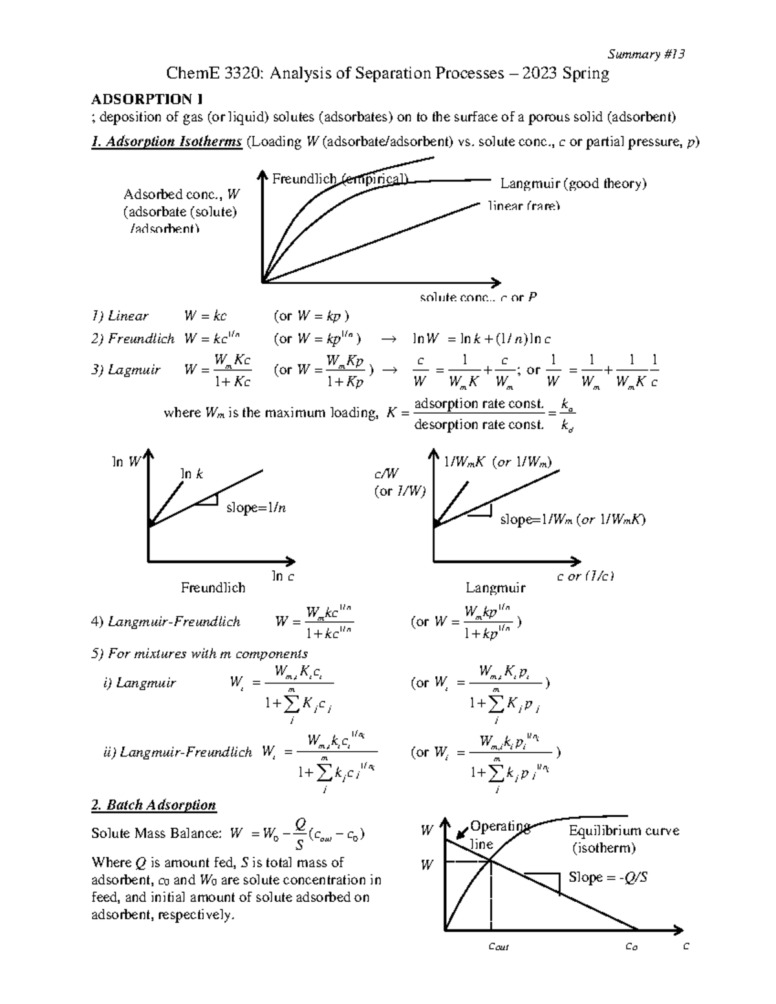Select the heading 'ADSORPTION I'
tap(147, 99)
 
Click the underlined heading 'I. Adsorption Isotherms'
tap(167, 142)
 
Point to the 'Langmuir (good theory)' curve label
tap(573, 184)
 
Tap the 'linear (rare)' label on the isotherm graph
tap(524, 206)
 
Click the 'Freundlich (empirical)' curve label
tap(340, 179)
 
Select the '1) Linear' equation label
tap(120, 316)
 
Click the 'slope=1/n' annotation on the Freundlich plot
tap(256, 507)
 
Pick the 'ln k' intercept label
tap(191, 474)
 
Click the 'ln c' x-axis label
tap(283, 576)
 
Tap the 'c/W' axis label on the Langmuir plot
tap(387, 474)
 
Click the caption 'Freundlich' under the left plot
tap(213, 588)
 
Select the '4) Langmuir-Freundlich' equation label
tap(166, 622)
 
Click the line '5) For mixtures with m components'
tap(199, 654)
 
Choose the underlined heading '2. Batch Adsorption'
tap(154, 805)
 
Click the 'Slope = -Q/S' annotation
tap(608, 877)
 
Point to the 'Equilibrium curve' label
tap(623, 831)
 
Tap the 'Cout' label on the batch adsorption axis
tap(499, 947)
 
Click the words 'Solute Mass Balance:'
tap(156, 834)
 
